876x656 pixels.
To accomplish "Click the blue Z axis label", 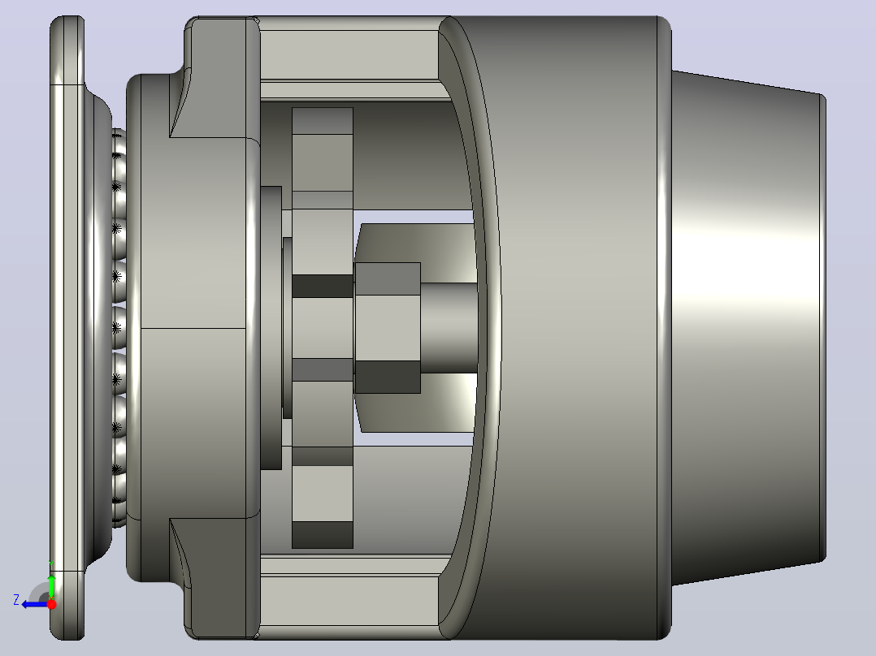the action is [x=16, y=600].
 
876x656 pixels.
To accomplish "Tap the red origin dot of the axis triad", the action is [x=51, y=604].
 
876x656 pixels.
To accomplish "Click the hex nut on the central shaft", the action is [x=387, y=328].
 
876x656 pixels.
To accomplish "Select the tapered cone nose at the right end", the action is [x=748, y=328].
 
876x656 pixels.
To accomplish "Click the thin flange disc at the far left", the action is [x=67, y=328].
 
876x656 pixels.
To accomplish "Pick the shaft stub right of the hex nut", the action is [x=449, y=328].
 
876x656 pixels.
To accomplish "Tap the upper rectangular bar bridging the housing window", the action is [x=349, y=54].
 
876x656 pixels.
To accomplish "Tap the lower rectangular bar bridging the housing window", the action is [x=349, y=600].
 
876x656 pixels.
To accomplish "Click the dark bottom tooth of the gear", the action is [x=323, y=535].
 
